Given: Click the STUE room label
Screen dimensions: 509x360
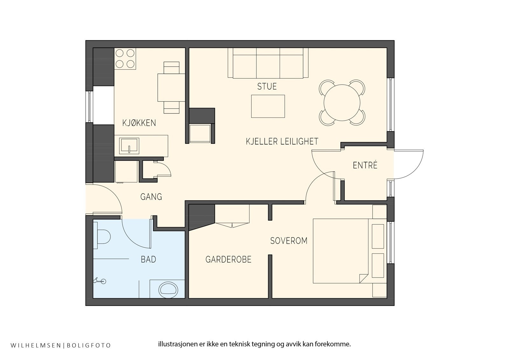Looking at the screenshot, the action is tap(267, 86).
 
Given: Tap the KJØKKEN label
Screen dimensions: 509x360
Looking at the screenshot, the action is tap(139, 123).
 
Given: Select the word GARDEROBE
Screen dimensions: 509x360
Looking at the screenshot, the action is tap(228, 259).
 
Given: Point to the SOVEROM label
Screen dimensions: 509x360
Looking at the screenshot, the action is tap(289, 241).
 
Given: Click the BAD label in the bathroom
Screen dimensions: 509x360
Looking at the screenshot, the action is tap(148, 259).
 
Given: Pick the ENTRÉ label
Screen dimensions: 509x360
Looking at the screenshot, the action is tap(365, 165).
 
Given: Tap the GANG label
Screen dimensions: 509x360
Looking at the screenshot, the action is tap(151, 197).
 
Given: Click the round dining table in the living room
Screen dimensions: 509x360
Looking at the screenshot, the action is tap(342, 102).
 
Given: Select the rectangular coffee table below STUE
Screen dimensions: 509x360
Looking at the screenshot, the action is tap(268, 106).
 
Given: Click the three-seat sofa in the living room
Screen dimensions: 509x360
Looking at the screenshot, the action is tap(268, 63).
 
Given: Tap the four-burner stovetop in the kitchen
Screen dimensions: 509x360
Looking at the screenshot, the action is tap(125, 59).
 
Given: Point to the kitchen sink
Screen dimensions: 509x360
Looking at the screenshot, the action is tap(129, 146).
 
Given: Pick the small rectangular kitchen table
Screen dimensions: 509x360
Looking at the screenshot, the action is tap(171, 88).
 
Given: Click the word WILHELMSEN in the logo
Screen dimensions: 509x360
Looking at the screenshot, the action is tap(35, 345).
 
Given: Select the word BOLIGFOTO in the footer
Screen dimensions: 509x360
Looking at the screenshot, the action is tap(89, 345).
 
